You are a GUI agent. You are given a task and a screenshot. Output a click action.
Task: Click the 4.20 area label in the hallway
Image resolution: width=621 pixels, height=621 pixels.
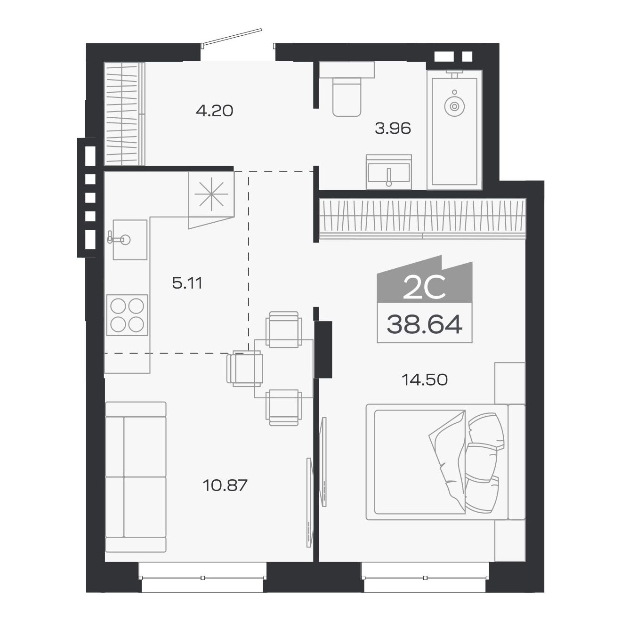pyautogui.click(x=214, y=111)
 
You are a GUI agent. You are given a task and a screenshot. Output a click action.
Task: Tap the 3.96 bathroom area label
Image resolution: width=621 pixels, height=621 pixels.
pyautogui.click(x=393, y=129)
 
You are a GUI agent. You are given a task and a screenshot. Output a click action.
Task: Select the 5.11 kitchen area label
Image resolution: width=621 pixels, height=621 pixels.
pyautogui.click(x=187, y=283)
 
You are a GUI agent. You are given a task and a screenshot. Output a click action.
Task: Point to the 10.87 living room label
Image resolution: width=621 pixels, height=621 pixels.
pyautogui.click(x=225, y=485)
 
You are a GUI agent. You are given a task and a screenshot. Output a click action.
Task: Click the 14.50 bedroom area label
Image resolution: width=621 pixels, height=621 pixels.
pyautogui.click(x=425, y=380)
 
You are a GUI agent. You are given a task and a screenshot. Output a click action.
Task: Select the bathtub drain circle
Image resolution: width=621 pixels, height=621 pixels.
pyautogui.click(x=454, y=105)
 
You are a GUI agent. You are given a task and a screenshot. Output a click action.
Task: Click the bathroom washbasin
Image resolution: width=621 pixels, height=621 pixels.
pyautogui.click(x=389, y=172)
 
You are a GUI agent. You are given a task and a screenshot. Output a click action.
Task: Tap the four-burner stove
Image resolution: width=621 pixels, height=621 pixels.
pyautogui.click(x=127, y=315)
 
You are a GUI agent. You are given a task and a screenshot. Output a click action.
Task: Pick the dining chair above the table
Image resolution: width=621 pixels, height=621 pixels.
pyautogui.click(x=284, y=330)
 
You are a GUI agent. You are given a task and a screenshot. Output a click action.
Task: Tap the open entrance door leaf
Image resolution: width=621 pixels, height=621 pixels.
pyautogui.click(x=231, y=36)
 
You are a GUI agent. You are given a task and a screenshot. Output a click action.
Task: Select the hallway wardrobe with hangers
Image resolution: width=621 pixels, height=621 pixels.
pyautogui.click(x=125, y=114)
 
